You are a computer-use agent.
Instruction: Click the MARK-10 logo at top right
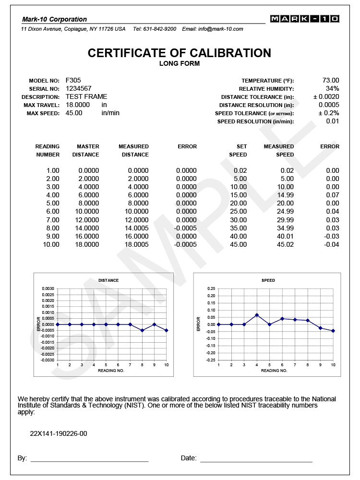[304, 19]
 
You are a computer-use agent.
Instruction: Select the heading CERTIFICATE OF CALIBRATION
[180, 53]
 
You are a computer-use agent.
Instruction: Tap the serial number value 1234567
[78, 88]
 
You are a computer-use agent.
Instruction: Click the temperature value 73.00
[331, 81]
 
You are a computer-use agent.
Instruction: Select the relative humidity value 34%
[333, 89]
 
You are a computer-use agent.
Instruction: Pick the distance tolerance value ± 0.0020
[326, 97]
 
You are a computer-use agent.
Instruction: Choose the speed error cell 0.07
[333, 195]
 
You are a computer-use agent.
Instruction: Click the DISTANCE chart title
[108, 280]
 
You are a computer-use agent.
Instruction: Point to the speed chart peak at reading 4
[257, 315]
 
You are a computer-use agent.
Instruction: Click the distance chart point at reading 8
[142, 330]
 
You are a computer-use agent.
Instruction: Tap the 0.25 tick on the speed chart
[211, 288]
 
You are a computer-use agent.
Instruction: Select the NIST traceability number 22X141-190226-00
[59, 434]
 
